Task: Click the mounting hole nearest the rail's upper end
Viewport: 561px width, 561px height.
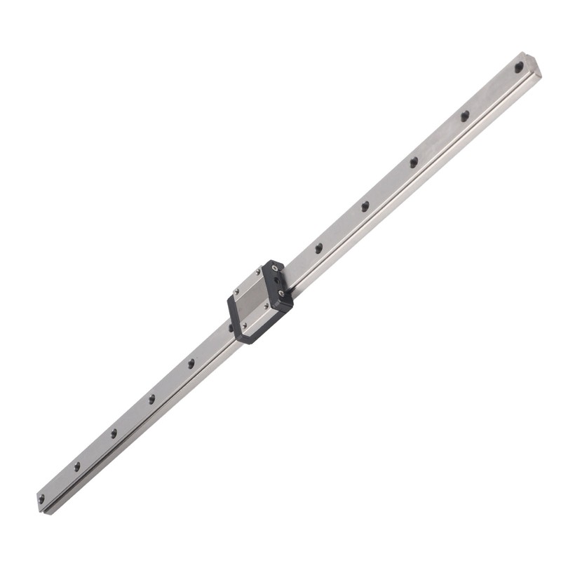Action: pos(519,68)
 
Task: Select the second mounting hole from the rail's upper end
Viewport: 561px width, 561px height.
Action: pos(464,116)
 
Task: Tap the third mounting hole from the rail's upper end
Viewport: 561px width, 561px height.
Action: pos(414,161)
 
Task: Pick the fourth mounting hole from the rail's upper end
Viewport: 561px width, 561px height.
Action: pos(365,206)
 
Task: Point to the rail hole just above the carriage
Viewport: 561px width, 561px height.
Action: pos(318,248)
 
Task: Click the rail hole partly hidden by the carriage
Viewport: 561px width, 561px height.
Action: pos(231,327)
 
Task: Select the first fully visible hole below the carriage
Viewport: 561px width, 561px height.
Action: pos(191,363)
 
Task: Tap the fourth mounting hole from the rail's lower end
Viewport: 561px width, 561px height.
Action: pos(151,398)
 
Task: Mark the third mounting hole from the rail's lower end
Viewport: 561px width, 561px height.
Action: pos(114,433)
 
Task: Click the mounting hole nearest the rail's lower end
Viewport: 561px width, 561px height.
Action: pos(41,499)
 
